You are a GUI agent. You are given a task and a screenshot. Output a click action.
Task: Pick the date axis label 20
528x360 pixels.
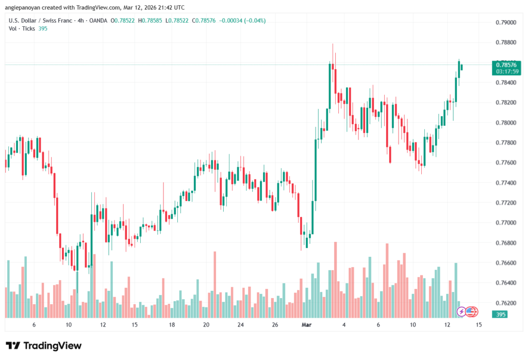[x=206, y=325]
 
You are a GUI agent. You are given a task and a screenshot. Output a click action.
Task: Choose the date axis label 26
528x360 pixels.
[x=275, y=325]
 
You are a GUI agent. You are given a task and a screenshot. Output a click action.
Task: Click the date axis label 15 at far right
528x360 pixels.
[x=479, y=325]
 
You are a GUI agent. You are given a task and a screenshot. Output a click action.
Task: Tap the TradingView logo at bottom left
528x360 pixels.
[x=43, y=346]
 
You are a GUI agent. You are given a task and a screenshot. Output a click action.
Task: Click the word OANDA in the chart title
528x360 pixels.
[x=98, y=20]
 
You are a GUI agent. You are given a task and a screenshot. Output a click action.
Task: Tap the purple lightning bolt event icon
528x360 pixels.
[x=462, y=312]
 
